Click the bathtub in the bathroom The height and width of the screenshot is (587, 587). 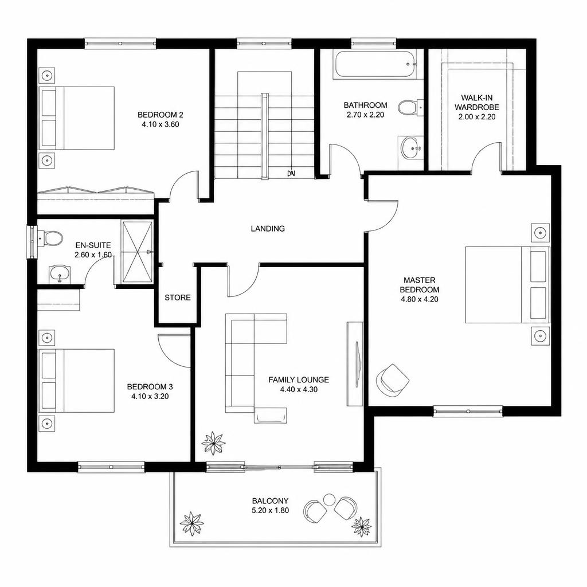pyautogui.click(x=375, y=65)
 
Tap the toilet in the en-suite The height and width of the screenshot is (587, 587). pyautogui.click(x=50, y=238)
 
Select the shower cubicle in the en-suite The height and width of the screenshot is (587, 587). pyautogui.click(x=137, y=252)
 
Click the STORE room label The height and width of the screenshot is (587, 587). pyautogui.click(x=178, y=298)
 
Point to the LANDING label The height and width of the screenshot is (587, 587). pyautogui.click(x=268, y=228)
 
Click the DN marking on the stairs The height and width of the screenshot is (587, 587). pyautogui.click(x=291, y=173)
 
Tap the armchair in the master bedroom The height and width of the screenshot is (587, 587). pyautogui.click(x=392, y=379)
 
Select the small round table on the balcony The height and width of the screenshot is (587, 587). pyautogui.click(x=329, y=499)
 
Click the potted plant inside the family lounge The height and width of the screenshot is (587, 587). pyautogui.click(x=213, y=443)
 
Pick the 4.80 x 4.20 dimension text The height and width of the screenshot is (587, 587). pyautogui.click(x=419, y=299)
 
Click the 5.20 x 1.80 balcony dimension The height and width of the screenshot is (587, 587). pyautogui.click(x=271, y=510)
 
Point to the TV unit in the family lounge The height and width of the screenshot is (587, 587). pyautogui.click(x=354, y=363)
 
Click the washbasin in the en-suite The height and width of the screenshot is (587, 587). pyautogui.click(x=59, y=273)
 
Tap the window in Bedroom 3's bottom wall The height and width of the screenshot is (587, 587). pyautogui.click(x=111, y=467)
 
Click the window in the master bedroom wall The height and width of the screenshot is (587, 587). pyautogui.click(x=468, y=412)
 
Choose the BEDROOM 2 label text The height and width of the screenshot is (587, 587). pyautogui.click(x=161, y=115)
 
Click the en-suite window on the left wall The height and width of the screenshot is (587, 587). pyautogui.click(x=32, y=241)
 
